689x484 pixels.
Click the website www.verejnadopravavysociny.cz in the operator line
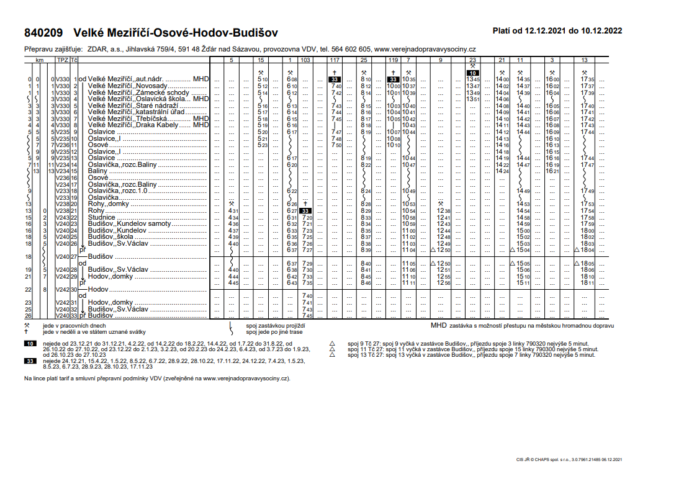click(425, 49)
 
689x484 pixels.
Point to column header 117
click(335, 60)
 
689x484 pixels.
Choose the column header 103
click(305, 60)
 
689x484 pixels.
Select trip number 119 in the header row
click(393, 60)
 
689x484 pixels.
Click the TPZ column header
click(63, 60)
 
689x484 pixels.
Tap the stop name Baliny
click(99, 170)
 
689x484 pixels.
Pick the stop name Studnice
click(102, 218)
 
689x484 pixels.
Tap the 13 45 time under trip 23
click(473, 79)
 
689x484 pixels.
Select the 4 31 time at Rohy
click(233, 212)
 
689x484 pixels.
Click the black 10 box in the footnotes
click(30, 343)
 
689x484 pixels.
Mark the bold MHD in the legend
click(438, 325)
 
